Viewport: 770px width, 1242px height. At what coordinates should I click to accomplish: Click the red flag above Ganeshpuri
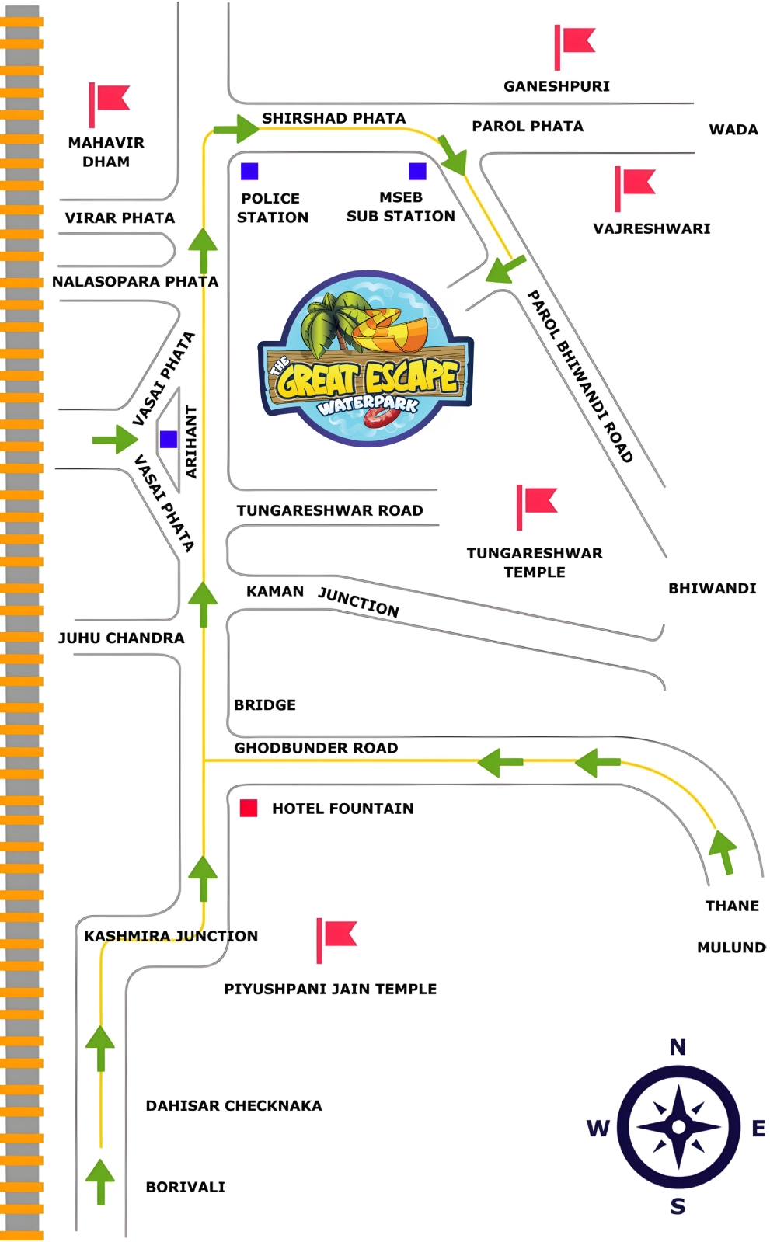575,43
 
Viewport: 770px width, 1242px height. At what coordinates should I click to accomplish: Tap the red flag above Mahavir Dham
109,102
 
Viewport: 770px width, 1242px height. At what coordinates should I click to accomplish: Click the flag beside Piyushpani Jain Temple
336,937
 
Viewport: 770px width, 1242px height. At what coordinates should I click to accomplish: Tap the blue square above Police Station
249,171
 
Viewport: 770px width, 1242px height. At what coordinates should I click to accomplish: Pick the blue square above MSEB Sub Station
417,171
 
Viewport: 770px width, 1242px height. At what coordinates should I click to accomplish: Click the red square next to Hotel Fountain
249,808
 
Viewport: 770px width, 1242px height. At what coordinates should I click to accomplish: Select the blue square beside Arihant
169,440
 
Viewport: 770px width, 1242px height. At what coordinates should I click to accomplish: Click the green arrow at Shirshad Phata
236,128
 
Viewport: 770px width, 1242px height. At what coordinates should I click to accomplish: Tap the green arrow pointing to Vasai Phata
115,440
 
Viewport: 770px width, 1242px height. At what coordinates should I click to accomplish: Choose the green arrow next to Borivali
100,1181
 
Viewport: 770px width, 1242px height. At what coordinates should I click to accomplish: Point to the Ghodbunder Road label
316,748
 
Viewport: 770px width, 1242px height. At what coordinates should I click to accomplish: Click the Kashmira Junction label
171,936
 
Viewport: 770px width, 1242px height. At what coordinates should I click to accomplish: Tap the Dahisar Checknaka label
234,1105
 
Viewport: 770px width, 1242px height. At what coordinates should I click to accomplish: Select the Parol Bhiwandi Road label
580,376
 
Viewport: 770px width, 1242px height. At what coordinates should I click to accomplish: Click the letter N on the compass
678,1047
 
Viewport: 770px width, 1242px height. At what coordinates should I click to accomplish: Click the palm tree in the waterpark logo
330,322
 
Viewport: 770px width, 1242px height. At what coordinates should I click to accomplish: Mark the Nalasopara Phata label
135,281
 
